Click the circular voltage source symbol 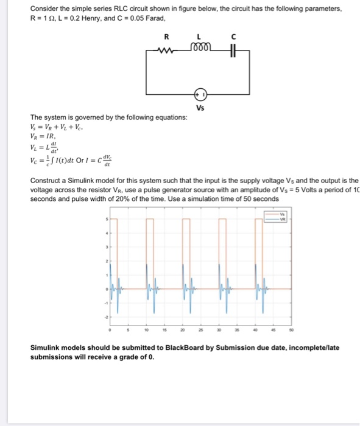(200, 94)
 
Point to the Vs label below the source (200, 108)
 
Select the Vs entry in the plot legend (281, 214)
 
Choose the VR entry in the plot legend (281, 218)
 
